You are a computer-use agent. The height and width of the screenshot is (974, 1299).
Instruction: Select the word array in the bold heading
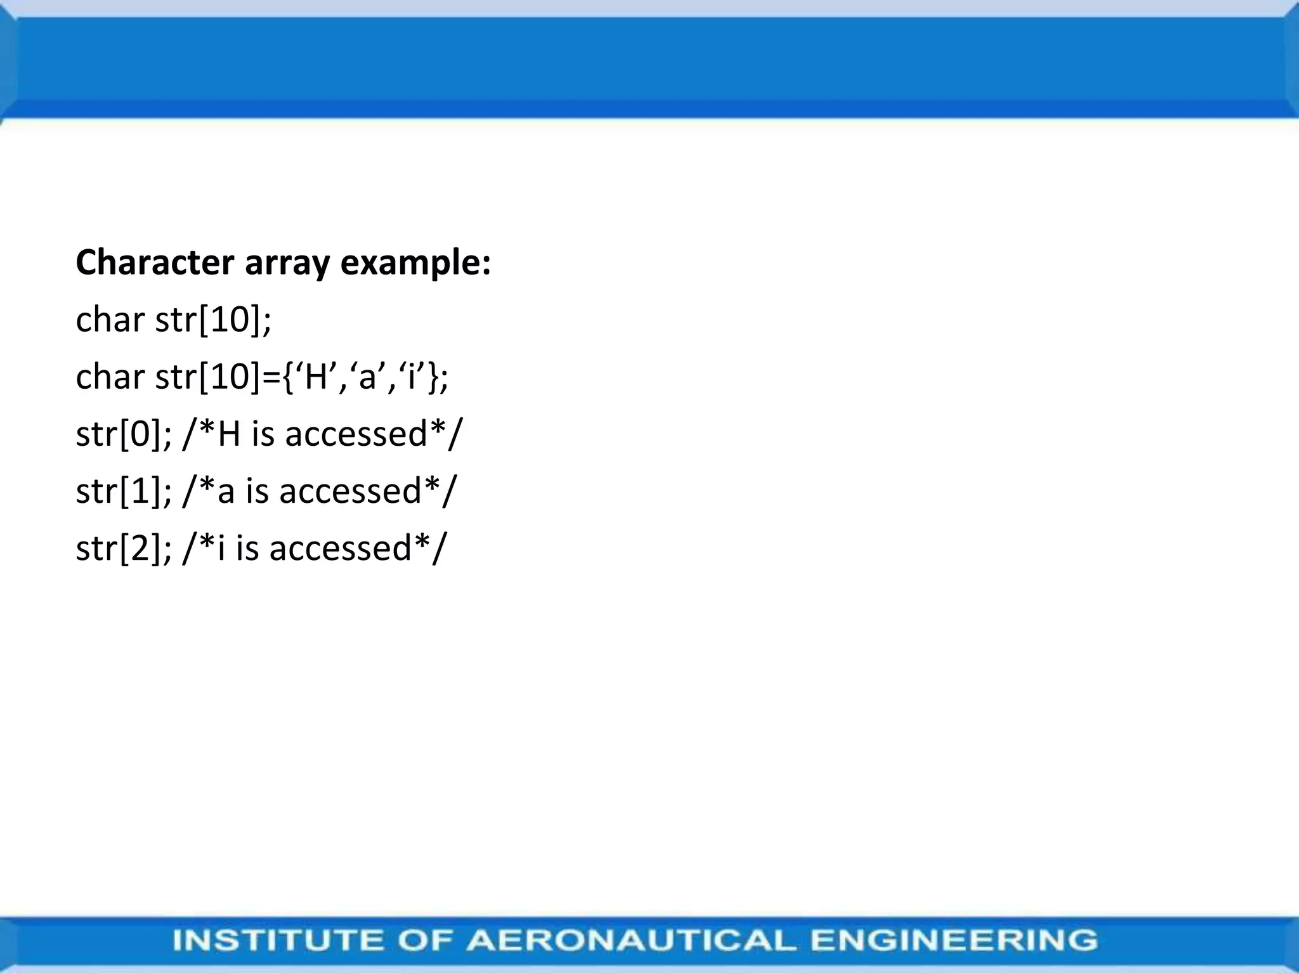point(287,263)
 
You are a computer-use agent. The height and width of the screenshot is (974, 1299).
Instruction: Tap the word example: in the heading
point(415,263)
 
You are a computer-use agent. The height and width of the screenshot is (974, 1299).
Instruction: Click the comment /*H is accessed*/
point(323,434)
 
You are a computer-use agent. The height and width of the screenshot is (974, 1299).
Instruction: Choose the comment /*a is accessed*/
point(319,491)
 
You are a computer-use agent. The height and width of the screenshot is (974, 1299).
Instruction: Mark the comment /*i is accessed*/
point(314,548)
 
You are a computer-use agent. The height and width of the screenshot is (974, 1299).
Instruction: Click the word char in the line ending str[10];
point(110,320)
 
